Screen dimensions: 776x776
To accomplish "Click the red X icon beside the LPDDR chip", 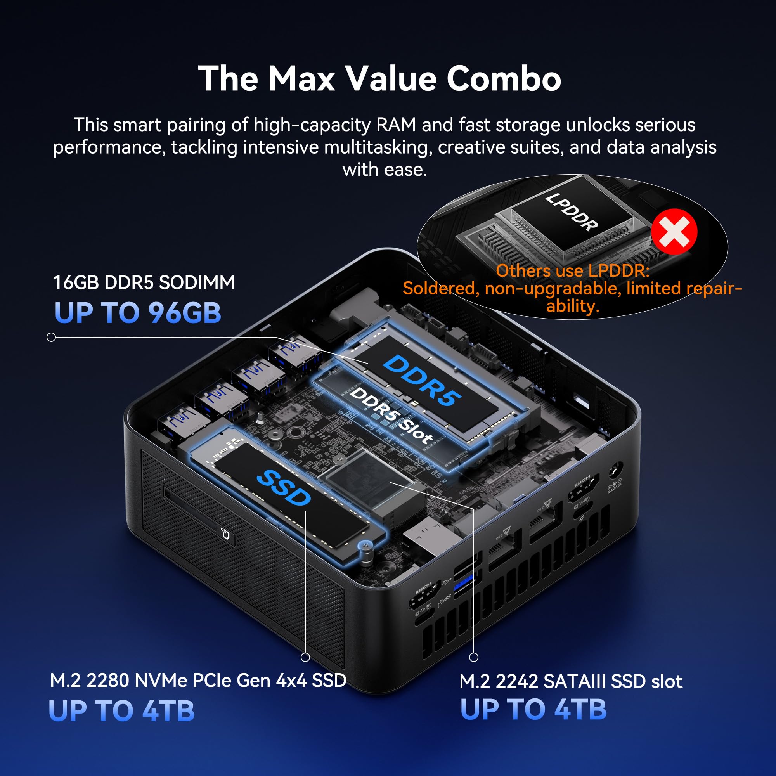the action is coord(674,232).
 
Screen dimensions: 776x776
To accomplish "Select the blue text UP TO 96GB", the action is coord(138,313).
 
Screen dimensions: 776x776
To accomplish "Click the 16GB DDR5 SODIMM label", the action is coord(144,282).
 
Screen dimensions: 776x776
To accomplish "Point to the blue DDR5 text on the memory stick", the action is coord(422,380).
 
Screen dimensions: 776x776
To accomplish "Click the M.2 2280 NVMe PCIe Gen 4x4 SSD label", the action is coord(198,681).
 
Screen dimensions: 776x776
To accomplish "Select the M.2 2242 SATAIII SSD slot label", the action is coord(571,682).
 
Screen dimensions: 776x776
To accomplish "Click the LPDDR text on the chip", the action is coord(571,212).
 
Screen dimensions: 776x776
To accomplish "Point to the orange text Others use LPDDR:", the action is coord(572,271).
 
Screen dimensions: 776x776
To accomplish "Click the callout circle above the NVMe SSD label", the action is coord(305,657).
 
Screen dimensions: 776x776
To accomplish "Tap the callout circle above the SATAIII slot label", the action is coord(474,657).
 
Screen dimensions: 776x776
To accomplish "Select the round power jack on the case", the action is coord(616,471).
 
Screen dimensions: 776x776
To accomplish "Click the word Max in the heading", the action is coord(301,79).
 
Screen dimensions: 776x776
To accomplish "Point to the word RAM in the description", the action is coord(396,125).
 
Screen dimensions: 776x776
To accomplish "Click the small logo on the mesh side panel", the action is coord(226,533).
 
